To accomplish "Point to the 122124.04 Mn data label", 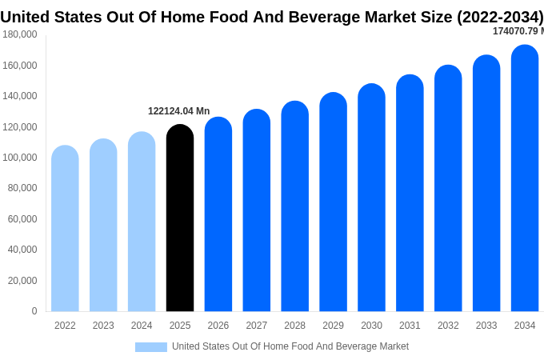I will pos(178,111).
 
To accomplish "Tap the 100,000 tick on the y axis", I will pos(20,158).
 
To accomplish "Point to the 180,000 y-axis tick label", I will pos(20,34).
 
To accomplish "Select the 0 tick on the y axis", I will pos(34,311).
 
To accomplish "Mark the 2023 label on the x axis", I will pos(103,326).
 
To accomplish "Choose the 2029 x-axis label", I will pos(333,326).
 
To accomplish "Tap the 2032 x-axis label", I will pos(448,326).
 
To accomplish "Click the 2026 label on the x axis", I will pos(218,326).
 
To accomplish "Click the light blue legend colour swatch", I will pos(150,346).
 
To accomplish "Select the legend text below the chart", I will pos(290,346).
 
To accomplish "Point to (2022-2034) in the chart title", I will pos(500,17).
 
